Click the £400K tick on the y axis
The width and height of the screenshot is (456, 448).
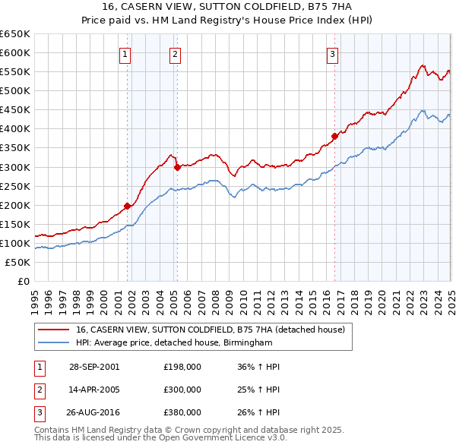coord(14,128)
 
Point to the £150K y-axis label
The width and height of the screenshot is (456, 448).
coord(14,224)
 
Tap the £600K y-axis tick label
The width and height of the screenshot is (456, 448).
coord(14,52)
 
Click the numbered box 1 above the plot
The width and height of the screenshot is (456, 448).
coord(124,53)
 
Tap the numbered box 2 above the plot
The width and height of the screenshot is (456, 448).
coord(175,53)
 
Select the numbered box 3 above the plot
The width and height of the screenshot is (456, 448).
coord(333,53)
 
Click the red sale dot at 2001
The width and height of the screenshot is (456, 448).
coord(128,205)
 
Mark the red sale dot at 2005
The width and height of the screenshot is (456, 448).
coord(177,166)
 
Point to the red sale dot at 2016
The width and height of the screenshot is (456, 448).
coord(334,136)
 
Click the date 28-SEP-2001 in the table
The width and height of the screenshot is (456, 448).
coord(94,366)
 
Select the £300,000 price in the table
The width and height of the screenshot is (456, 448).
coord(182,390)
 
